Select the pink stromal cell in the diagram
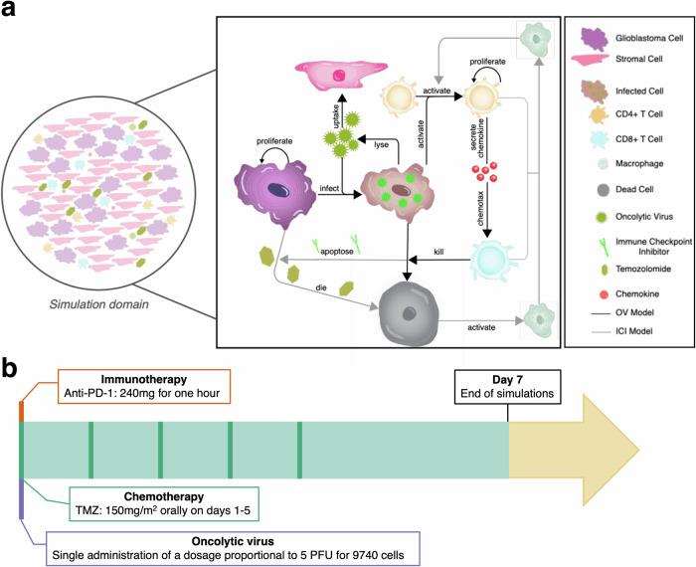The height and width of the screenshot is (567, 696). coord(342,77)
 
